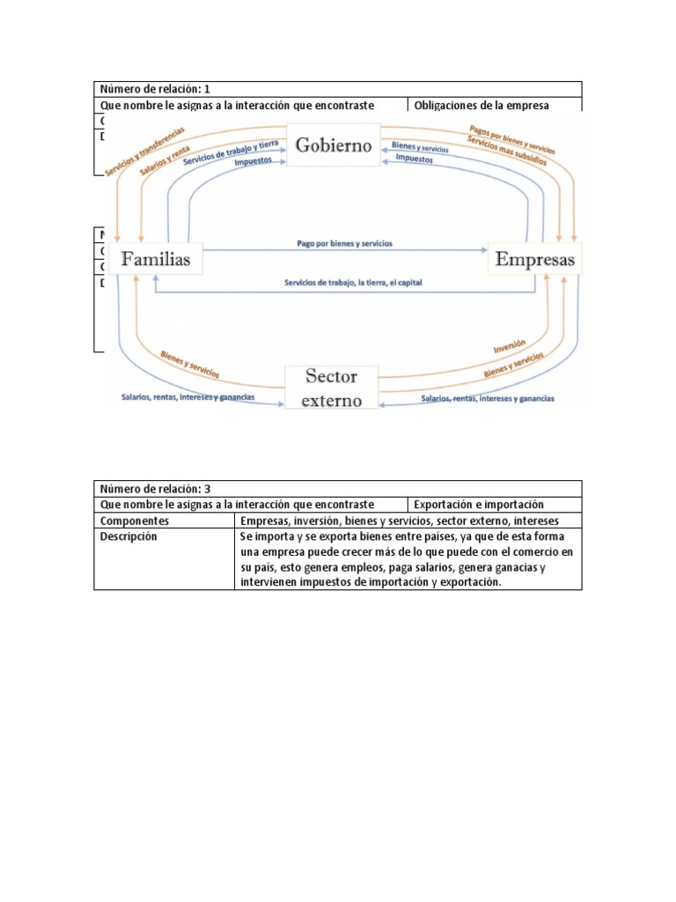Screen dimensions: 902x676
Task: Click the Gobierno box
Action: click(x=334, y=144)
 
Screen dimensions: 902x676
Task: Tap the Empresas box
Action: click(x=534, y=260)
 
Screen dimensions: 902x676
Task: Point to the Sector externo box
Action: click(x=332, y=388)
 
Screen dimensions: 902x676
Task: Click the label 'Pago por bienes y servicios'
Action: click(x=345, y=242)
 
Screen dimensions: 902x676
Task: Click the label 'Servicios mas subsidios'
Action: click(x=508, y=151)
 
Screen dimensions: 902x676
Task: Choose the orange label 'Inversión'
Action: click(x=511, y=344)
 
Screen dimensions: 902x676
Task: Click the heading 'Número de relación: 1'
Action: click(x=155, y=89)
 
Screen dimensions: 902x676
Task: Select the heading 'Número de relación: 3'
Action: click(x=155, y=488)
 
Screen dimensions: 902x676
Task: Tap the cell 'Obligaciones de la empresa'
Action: click(x=481, y=105)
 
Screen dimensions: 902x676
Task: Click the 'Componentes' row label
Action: click(x=135, y=521)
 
